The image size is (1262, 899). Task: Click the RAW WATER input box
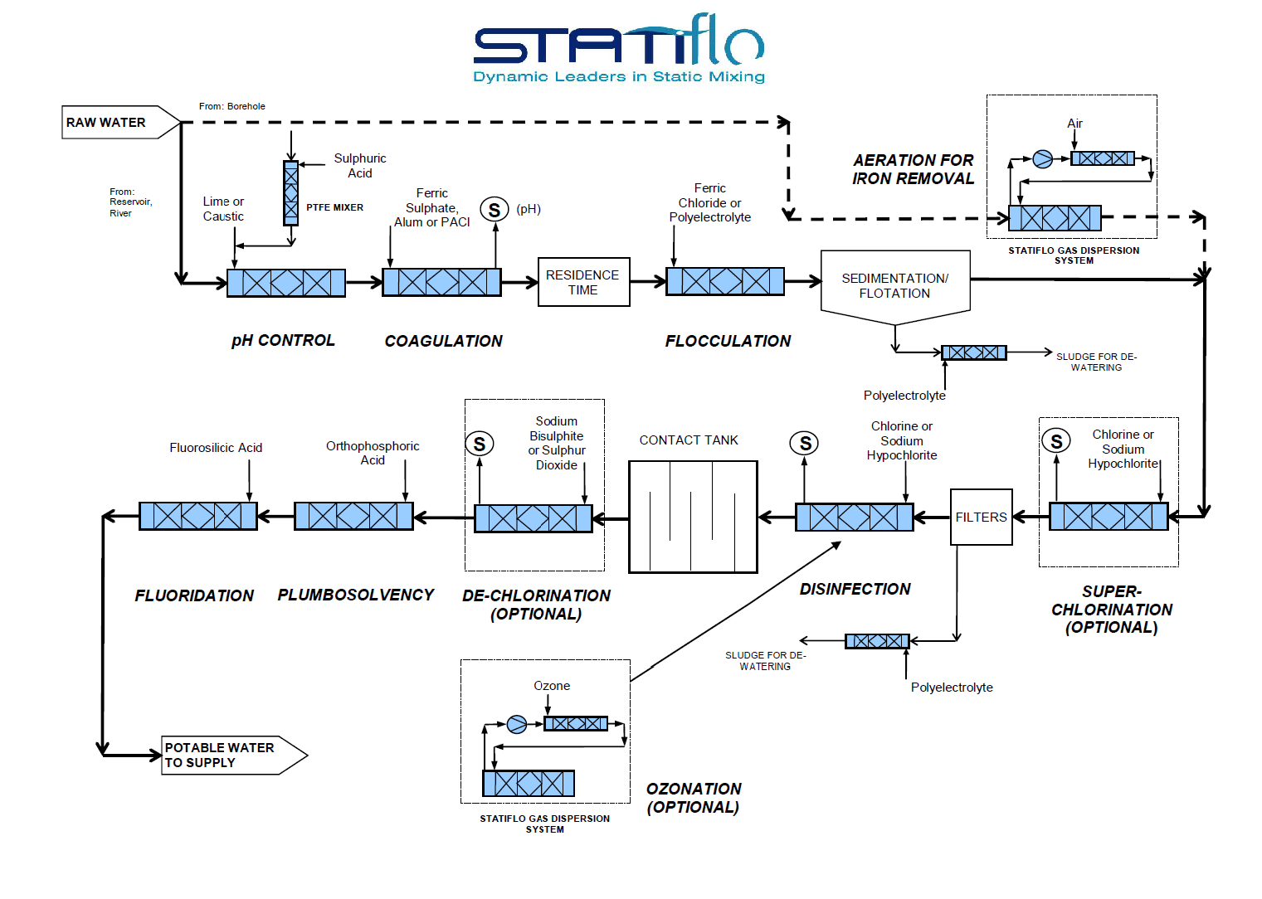pos(116,123)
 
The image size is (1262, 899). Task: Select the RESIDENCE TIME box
pos(583,282)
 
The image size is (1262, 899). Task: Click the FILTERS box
pos(981,517)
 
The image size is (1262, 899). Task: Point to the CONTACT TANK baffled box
pos(693,517)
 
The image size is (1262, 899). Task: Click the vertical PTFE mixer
pos(290,193)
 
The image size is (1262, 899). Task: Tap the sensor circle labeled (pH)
pos(495,210)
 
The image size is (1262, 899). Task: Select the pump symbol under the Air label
pos(1042,159)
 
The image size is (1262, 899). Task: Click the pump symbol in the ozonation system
pos(517,725)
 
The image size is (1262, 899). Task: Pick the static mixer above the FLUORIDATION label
pos(198,516)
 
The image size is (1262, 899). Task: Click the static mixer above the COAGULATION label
pos(441,282)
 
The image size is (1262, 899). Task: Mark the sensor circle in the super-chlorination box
pos(1056,441)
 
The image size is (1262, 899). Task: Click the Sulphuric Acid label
pos(359,166)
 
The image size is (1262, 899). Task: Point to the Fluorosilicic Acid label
pos(216,448)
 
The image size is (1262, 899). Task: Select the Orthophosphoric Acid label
pos(373,453)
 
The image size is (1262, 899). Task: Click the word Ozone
pos(552,686)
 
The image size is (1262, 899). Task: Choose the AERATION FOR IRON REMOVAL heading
pos(913,169)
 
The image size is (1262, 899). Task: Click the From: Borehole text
pos(231,106)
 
